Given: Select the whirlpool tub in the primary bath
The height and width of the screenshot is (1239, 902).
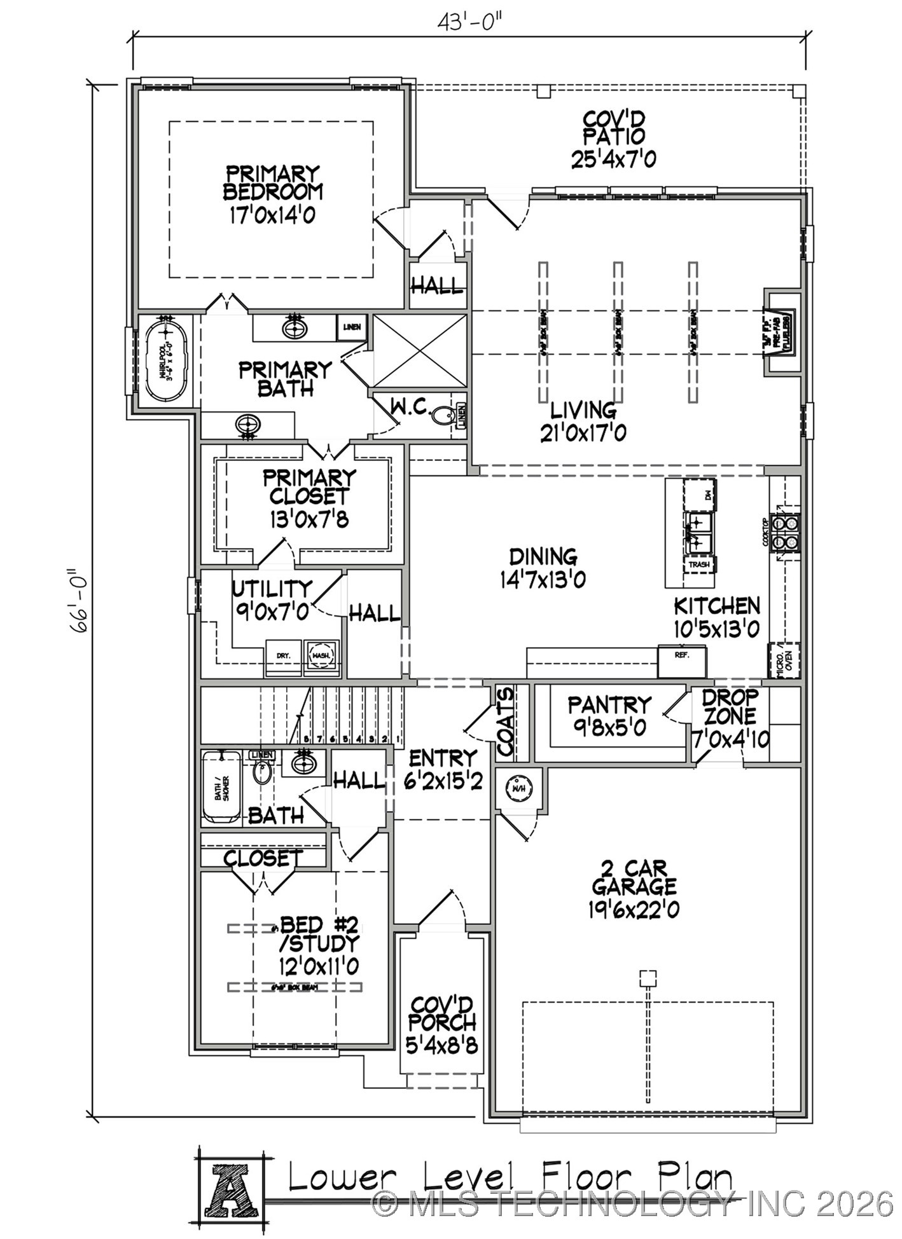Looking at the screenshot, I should pyautogui.click(x=165, y=360).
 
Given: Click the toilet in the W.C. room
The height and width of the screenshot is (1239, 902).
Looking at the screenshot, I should pyautogui.click(x=443, y=417).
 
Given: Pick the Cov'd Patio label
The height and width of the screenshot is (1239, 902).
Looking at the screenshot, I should pyautogui.click(x=613, y=139).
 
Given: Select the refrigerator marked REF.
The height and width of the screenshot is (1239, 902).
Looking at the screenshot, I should pyautogui.click(x=681, y=662).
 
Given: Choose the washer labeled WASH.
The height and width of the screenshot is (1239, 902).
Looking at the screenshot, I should pyautogui.click(x=321, y=655).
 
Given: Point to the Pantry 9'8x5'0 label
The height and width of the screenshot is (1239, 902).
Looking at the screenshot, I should pyautogui.click(x=609, y=715).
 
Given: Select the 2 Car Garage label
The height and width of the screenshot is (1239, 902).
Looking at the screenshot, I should pyautogui.click(x=634, y=888).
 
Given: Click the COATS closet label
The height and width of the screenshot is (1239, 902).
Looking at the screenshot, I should pyautogui.click(x=505, y=722).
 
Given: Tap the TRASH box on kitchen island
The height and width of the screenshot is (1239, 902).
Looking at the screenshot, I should pyautogui.click(x=698, y=564).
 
